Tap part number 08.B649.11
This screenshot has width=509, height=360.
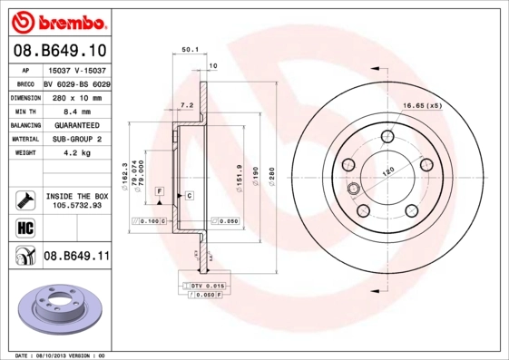tap(77, 257)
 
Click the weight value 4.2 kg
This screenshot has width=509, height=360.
tap(79, 153)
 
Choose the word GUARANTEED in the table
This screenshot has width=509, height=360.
tap(79, 124)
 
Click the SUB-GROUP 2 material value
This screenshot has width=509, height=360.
tap(79, 139)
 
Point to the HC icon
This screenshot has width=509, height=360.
tap(23, 226)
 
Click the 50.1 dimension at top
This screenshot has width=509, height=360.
tap(190, 51)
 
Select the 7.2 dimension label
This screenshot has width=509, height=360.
tap(187, 105)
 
